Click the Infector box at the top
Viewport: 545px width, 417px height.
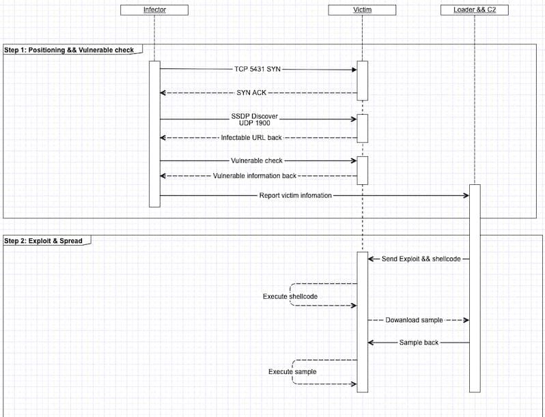154,10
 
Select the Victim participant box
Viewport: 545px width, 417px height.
362,10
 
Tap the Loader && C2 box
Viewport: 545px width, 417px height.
471,10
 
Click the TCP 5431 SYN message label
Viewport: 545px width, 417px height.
257,69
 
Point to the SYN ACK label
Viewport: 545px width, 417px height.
251,92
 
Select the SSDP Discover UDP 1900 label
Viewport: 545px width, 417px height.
255,119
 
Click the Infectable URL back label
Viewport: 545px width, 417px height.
251,138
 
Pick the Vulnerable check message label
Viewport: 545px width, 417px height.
257,161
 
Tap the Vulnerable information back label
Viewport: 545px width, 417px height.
255,175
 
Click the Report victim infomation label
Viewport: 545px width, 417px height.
296,195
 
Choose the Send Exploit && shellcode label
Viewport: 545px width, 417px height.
421,259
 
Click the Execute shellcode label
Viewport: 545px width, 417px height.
290,297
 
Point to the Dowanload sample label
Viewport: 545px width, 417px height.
414,319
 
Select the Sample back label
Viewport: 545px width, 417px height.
419,342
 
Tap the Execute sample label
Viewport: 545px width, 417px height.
292,371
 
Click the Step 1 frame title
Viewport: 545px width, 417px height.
70,50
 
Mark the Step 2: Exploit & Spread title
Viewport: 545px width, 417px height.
43,241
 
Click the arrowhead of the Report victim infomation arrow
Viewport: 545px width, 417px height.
466,195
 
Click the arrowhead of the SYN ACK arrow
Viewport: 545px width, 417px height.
163,92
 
